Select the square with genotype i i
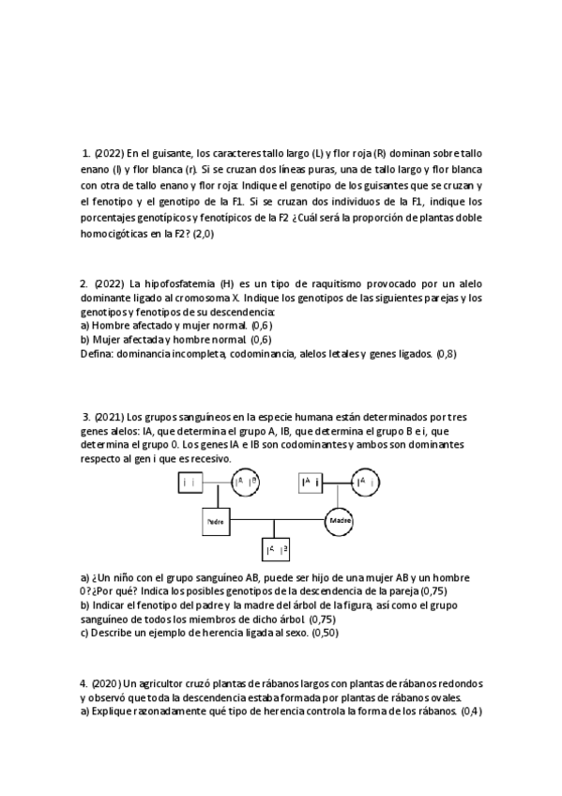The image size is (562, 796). point(191,482)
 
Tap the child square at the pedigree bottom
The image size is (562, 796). point(278,548)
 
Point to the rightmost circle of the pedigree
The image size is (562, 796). point(367,482)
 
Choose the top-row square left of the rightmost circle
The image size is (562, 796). point(312,482)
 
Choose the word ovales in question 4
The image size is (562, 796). point(437,697)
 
